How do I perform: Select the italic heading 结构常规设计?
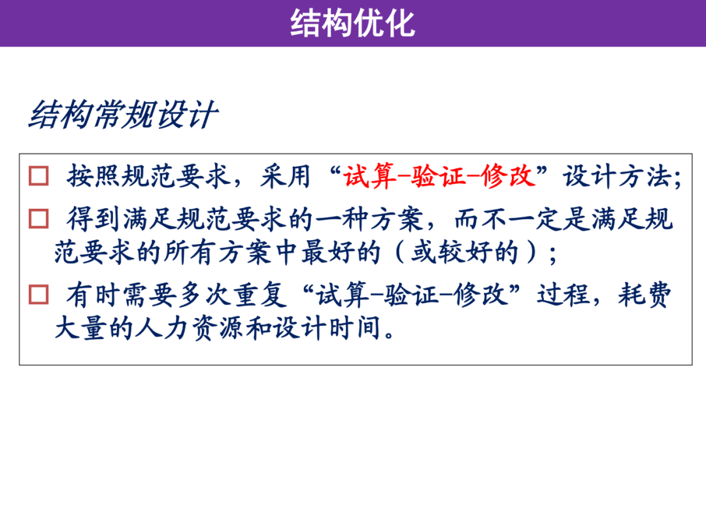123,115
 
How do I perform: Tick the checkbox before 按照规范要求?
39,176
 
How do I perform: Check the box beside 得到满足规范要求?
39,219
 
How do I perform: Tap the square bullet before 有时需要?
39,294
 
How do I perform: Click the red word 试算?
369,176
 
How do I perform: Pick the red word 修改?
507,176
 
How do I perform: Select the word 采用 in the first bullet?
286,176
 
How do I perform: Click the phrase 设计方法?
618,176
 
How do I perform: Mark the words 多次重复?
233,295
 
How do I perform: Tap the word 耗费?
645,295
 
